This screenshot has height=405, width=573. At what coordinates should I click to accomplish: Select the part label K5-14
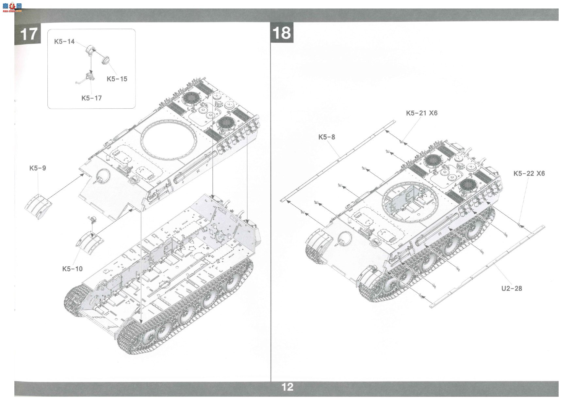(64, 41)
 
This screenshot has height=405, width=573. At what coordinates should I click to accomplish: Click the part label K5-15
(117, 79)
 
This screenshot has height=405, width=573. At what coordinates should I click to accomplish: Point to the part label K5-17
(91, 98)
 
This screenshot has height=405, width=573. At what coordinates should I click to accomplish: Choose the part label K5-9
(38, 168)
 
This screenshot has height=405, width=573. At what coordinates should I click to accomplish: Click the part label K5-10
(73, 269)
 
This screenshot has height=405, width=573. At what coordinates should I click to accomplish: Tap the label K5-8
(327, 137)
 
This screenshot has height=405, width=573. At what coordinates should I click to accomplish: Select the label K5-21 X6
(422, 113)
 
